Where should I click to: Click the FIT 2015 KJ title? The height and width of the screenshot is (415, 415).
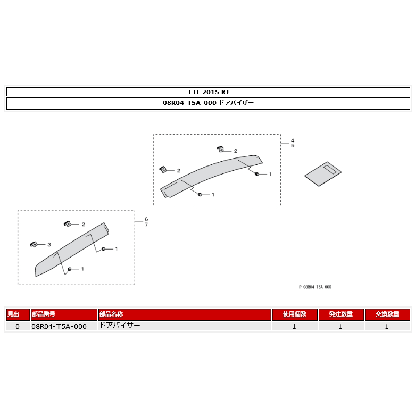[x=208, y=91]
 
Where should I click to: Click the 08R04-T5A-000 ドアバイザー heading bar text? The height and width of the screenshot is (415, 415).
[x=208, y=103]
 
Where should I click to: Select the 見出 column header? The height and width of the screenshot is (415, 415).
[x=13, y=314]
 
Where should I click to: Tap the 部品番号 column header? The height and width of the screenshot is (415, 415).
[x=44, y=314]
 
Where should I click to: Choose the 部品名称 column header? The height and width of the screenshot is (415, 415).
[x=112, y=314]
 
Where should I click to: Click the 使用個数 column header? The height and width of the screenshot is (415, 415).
[x=294, y=314]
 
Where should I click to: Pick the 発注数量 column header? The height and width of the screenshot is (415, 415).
[x=341, y=314]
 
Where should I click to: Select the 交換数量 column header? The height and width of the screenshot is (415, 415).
[x=387, y=314]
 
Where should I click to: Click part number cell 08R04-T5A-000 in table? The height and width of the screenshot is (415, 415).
[x=59, y=326]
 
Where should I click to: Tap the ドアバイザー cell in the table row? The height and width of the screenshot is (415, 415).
[x=120, y=326]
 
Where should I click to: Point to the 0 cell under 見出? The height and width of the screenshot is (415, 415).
[x=17, y=326]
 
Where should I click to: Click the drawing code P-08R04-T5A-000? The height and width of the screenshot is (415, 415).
[x=315, y=287]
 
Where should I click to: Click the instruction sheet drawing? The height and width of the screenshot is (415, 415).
[x=323, y=173]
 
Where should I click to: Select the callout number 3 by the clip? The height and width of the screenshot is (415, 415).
[x=49, y=245]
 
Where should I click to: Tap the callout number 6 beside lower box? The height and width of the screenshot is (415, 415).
[x=146, y=219]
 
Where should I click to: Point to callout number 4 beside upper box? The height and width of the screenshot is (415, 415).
[x=292, y=140]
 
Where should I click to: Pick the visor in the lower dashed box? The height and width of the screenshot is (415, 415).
[x=72, y=250]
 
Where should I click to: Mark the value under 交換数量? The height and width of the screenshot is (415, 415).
[x=387, y=326]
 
